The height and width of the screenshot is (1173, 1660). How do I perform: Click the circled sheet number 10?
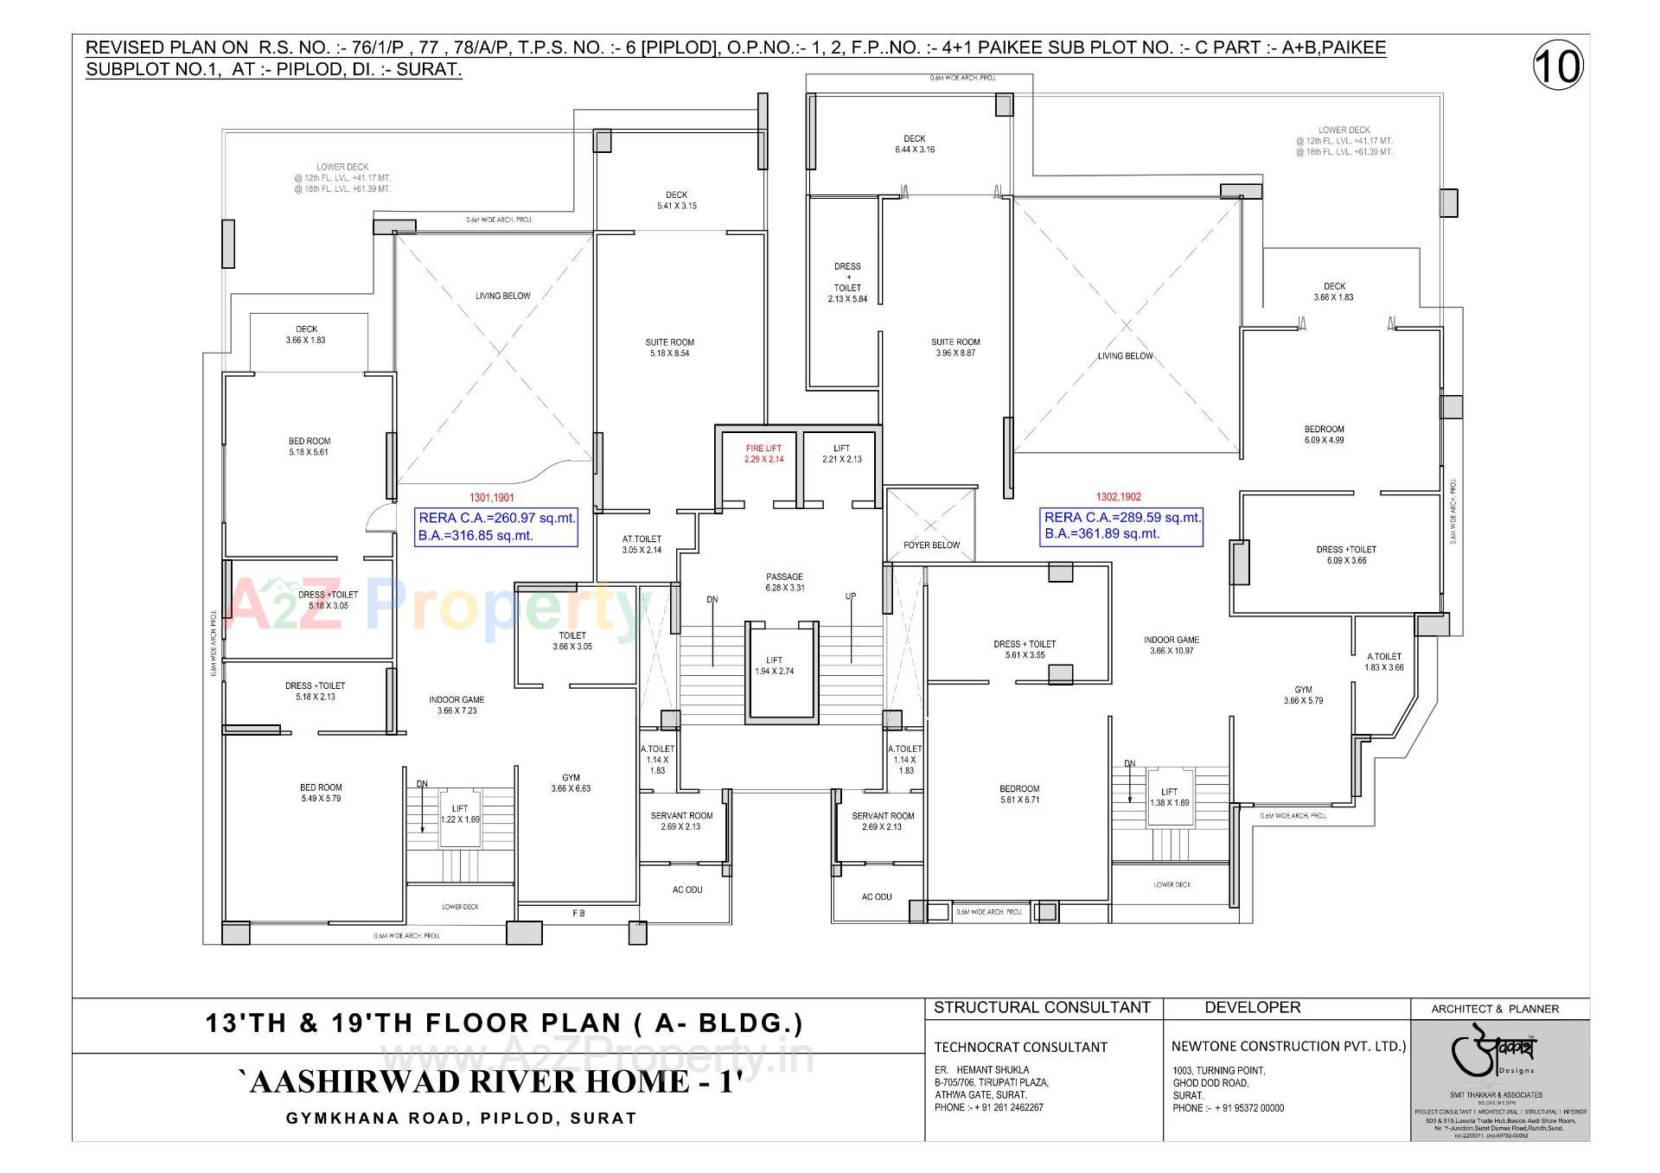(x=1558, y=67)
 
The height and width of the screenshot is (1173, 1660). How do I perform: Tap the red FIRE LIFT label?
(x=763, y=453)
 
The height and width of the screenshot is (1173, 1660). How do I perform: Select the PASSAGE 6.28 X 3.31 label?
(x=784, y=582)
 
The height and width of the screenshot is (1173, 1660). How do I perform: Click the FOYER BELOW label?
(x=931, y=545)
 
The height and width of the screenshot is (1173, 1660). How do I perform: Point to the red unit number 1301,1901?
(x=491, y=498)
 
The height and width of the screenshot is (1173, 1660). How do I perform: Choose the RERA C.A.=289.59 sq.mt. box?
(x=1121, y=526)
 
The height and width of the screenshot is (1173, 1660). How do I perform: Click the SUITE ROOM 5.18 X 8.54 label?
(x=669, y=347)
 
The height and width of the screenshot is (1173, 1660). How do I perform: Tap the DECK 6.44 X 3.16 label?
(x=914, y=143)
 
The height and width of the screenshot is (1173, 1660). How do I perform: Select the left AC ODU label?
(x=687, y=889)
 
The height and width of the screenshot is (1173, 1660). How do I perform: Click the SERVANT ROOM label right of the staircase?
(x=883, y=820)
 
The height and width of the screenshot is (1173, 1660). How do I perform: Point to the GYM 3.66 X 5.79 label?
(x=1303, y=695)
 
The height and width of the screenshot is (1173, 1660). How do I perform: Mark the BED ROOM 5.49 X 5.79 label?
(x=321, y=793)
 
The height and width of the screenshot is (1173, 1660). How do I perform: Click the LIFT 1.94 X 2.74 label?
(x=774, y=666)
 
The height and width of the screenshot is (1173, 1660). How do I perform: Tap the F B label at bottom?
(x=578, y=913)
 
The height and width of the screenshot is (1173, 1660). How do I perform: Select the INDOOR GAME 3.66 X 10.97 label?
(x=1172, y=645)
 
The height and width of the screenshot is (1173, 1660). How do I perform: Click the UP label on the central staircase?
(x=851, y=597)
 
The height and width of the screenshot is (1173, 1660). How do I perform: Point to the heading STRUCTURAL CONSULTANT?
(x=1042, y=1007)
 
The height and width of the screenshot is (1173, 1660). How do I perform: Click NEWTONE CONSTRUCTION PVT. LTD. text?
(x=1288, y=1046)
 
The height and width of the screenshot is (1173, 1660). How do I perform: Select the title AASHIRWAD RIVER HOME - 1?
(x=491, y=1081)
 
